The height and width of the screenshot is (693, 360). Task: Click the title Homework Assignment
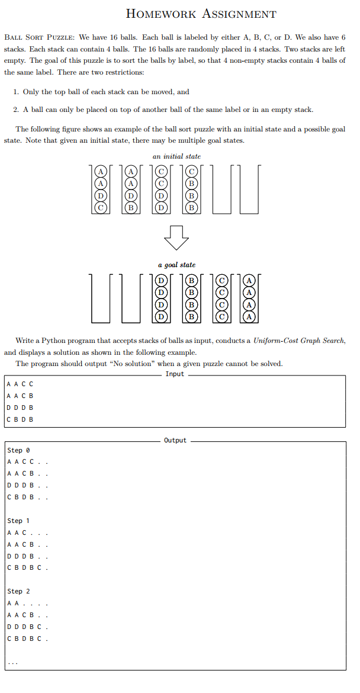pos(201,14)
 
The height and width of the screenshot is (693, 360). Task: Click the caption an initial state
pos(176,156)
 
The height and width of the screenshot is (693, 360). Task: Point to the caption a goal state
pos(176,265)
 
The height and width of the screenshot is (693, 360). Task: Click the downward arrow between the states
pos(176,238)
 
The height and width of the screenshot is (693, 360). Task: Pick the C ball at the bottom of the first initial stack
pos(101,207)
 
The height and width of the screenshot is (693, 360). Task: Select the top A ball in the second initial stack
pos(131,172)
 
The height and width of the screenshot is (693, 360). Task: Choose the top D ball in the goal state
pos(160,280)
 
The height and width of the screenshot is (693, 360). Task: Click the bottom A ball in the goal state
pos(249,316)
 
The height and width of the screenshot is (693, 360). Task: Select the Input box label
pos(175,374)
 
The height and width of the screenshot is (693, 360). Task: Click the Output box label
pos(175,441)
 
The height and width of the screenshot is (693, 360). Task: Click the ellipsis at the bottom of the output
pos(12,662)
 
